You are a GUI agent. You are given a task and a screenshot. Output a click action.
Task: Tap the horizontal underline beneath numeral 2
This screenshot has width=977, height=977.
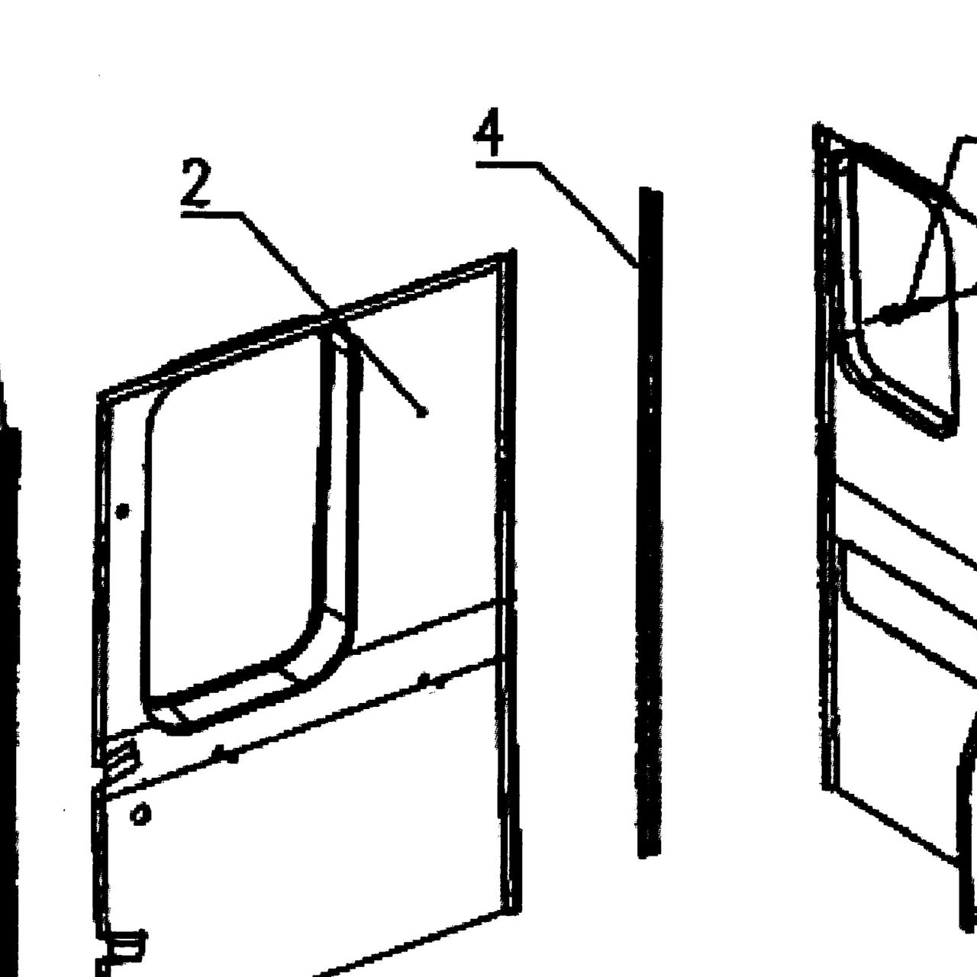click(211, 214)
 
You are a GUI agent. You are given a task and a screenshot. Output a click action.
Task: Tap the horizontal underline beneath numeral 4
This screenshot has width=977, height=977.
click(508, 164)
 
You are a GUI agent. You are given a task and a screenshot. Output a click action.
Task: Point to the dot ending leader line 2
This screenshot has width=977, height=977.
click(421, 414)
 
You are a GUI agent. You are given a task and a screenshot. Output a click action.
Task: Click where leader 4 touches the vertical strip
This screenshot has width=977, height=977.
click(638, 265)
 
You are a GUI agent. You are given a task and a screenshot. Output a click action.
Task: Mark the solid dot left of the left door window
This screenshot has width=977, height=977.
click(122, 511)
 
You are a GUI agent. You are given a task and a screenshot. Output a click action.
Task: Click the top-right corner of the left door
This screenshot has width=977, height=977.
click(514, 250)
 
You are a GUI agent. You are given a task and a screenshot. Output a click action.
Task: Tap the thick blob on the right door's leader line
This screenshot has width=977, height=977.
click(892, 314)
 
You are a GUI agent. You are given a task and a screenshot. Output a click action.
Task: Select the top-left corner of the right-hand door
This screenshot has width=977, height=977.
click(816, 126)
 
